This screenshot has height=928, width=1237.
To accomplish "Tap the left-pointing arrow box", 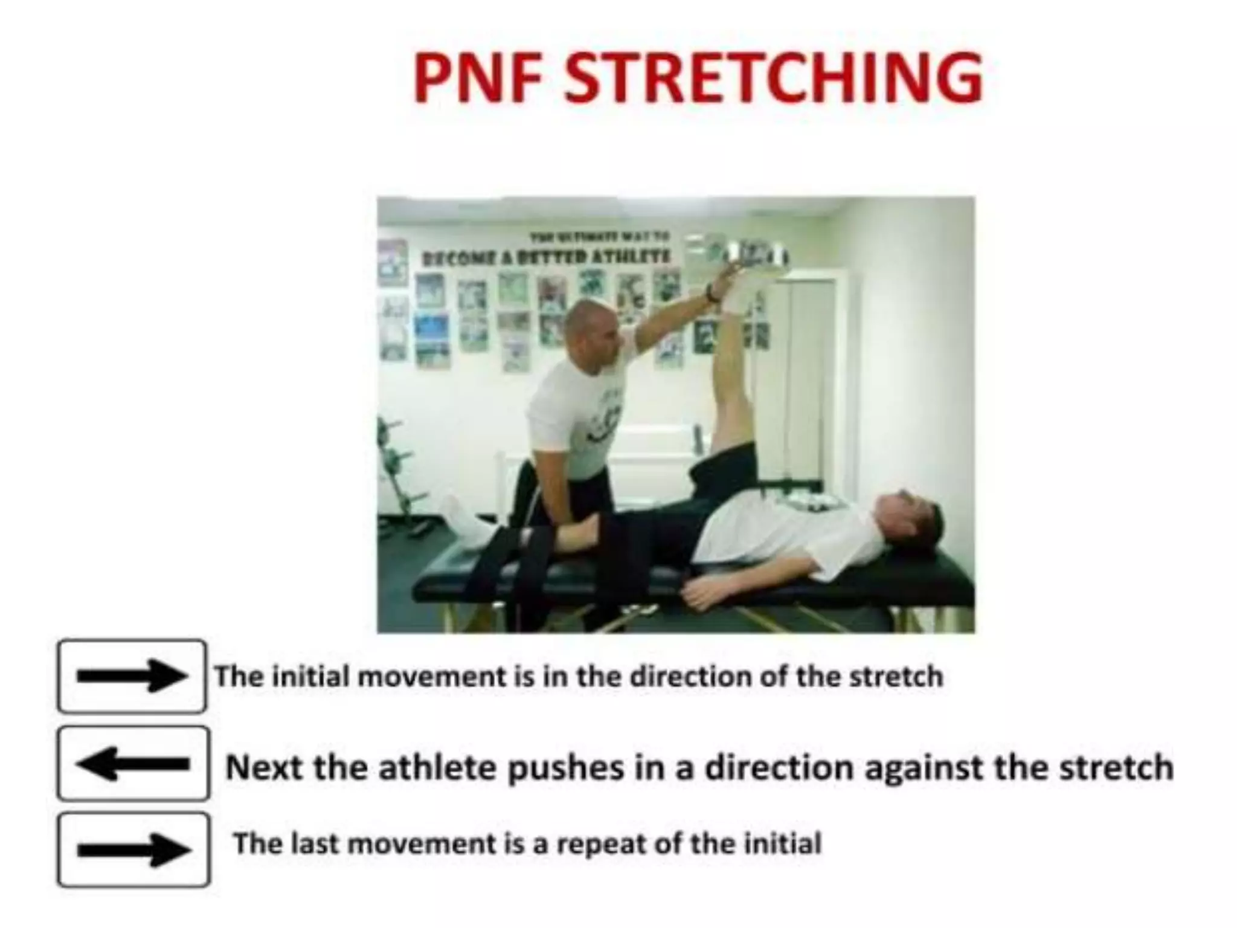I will point(133,764).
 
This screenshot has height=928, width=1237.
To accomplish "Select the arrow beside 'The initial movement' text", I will point(132,676).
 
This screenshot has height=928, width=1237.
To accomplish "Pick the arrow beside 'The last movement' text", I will point(133,849).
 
